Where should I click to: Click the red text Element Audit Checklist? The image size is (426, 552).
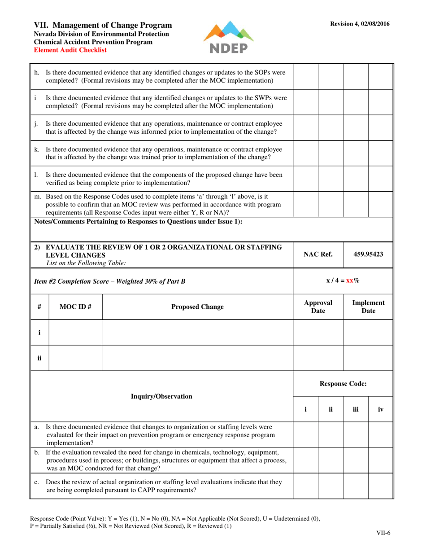[70, 50]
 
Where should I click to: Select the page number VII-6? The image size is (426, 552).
[383, 533]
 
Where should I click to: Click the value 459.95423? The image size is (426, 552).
[368, 254]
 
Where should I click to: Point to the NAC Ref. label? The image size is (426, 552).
[318, 254]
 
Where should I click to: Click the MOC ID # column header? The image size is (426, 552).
[75, 307]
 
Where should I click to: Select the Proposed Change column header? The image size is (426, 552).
[198, 307]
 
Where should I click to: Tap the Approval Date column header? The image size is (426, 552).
[318, 307]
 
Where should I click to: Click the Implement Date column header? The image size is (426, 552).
[368, 307]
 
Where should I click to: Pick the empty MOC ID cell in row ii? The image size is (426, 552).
[75, 358]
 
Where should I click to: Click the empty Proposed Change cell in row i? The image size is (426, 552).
[198, 333]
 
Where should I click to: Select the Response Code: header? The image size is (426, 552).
[343, 384]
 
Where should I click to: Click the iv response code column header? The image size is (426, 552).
[381, 409]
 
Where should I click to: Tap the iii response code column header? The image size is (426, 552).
[356, 409]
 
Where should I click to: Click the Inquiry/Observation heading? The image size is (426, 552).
[161, 396]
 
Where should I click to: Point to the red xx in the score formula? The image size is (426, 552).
[350, 280]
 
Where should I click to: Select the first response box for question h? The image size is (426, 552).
[306, 76]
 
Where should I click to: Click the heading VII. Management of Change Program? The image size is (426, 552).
[103, 25]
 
